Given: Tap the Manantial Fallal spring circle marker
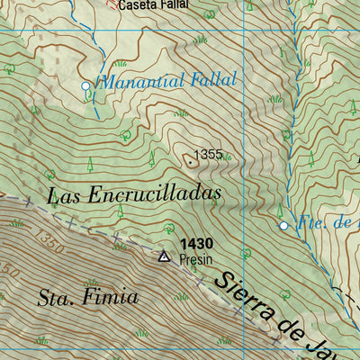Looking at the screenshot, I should coord(86,85).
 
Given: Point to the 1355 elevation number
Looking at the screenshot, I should coord(207,155).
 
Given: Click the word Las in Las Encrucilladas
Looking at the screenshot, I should coord(65,193).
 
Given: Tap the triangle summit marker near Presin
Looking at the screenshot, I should coord(163,256).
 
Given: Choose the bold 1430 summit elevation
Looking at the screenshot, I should coord(195,243).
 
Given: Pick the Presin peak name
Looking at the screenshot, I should coord(195,259).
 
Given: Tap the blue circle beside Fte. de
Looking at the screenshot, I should coord(283,225).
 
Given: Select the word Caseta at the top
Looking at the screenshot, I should coord(134,4).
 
